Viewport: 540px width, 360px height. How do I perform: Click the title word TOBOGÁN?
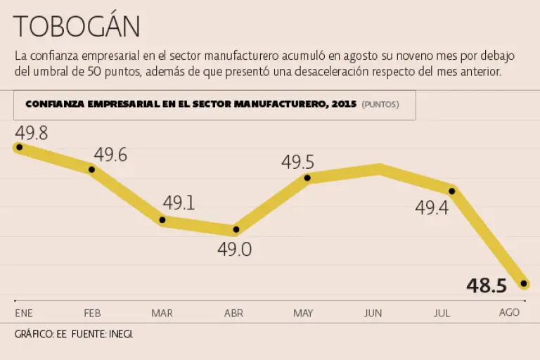point(76,27)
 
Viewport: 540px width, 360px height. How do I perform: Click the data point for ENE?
point(19,147)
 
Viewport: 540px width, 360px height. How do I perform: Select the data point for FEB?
point(91,168)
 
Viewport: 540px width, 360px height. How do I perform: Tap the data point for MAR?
point(163,220)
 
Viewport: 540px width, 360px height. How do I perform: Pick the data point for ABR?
point(236,229)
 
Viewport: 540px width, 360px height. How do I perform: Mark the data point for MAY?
point(308,178)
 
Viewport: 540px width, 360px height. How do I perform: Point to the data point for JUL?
point(452,191)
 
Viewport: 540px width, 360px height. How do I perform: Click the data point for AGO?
point(524,283)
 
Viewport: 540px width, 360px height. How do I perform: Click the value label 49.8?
point(31,132)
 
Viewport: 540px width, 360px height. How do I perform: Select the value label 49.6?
point(110,155)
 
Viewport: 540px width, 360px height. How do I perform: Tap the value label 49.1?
point(179,204)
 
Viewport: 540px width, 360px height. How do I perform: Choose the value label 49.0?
point(235,250)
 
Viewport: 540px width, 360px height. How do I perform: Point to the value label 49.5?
point(297,162)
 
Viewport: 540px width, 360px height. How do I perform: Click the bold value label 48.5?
point(487,285)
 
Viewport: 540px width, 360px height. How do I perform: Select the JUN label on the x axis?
point(373,313)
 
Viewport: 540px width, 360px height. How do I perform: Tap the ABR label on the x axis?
point(233,313)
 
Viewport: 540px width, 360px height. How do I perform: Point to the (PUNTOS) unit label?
point(380,105)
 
